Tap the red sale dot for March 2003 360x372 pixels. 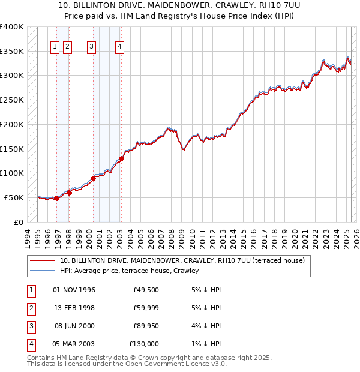coord(121,159)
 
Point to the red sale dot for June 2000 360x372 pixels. coord(94,178)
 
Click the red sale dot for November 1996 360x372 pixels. coord(57,198)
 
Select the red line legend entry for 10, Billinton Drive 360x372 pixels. coord(182,260)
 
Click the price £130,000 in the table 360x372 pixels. coord(144,344)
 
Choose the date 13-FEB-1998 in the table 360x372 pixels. coord(74,308)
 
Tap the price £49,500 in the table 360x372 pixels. coord(146,290)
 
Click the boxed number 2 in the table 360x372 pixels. coord(30,308)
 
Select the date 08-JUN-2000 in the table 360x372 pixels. coord(74,326)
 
